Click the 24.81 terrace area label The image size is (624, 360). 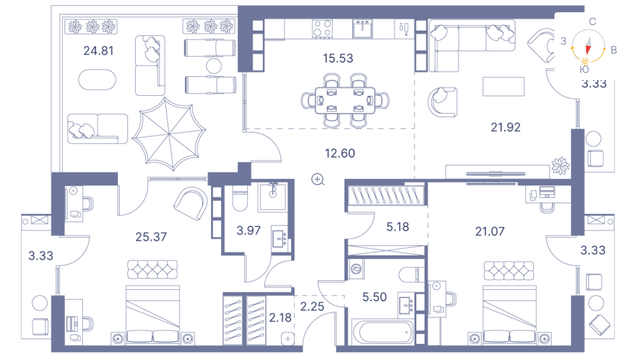point(99,51)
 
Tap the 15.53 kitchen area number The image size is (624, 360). point(338,58)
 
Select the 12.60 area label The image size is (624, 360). point(340,153)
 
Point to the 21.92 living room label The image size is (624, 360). point(505,127)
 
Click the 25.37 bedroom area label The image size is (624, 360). point(151,237)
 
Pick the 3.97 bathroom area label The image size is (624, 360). point(248,230)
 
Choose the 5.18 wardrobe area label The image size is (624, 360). point(397,227)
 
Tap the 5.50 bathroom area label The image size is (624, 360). point(375,297)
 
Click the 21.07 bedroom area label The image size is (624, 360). point(489,231)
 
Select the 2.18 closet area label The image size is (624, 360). point(280,318)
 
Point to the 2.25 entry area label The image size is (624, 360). point(312,306)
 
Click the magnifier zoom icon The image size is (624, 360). point(318,180)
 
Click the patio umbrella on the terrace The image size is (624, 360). point(169,135)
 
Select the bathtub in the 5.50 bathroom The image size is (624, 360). point(382,332)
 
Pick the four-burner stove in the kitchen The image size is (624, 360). point(322,28)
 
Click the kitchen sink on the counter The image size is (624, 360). point(362,28)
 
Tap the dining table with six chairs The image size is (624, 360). point(345,101)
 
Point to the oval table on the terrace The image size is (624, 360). point(97,80)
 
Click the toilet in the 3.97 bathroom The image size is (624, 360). point(240,198)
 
